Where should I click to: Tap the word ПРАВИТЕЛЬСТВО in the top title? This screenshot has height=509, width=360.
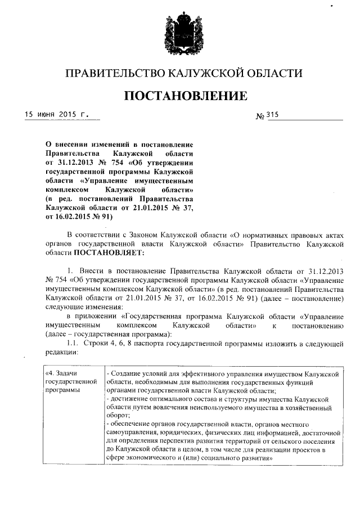tap(113, 73)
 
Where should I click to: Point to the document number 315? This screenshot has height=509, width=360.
tap(272, 116)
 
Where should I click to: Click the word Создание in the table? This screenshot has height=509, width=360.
tap(126, 373)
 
